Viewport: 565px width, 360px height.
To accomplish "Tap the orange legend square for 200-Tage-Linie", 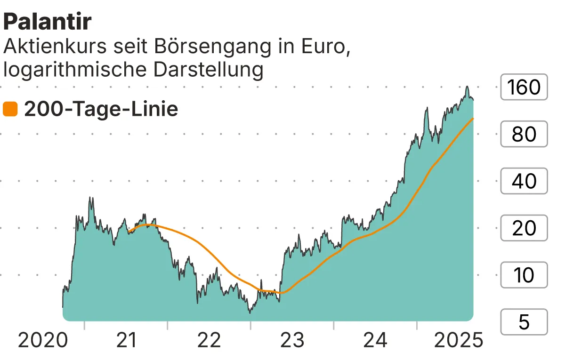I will click(x=10, y=109).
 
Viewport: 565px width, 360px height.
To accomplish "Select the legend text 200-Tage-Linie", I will click(x=101, y=109).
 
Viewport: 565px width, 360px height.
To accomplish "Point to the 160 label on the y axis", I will click(x=524, y=87).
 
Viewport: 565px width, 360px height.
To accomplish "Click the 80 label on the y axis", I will click(x=524, y=134).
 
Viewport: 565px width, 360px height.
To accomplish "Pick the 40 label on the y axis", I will click(x=524, y=181).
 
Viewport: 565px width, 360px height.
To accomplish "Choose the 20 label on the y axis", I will click(x=524, y=228).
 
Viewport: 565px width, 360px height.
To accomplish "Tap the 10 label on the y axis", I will click(x=524, y=275).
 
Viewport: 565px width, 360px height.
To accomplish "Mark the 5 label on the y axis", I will click(x=524, y=322).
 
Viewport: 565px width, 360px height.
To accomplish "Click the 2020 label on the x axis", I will click(x=42, y=340).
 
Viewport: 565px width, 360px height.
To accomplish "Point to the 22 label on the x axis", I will click(x=209, y=340).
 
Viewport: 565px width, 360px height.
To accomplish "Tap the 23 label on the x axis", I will click(x=292, y=340).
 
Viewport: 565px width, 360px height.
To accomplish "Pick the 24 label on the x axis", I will click(x=376, y=340).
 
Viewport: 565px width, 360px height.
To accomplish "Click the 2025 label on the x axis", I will click(x=458, y=340).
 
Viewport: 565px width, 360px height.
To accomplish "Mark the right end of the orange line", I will click(x=473, y=119).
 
